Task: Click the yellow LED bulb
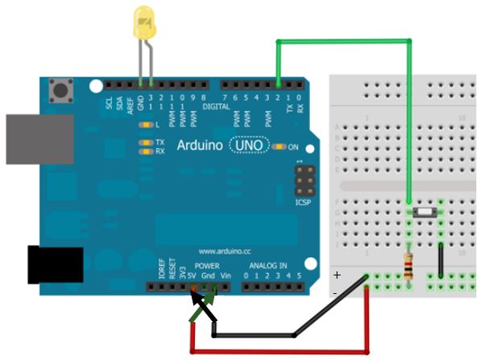146,22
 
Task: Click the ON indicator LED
279,147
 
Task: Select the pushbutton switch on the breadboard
424,212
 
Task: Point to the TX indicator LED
146,143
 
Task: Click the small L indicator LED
146,125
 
